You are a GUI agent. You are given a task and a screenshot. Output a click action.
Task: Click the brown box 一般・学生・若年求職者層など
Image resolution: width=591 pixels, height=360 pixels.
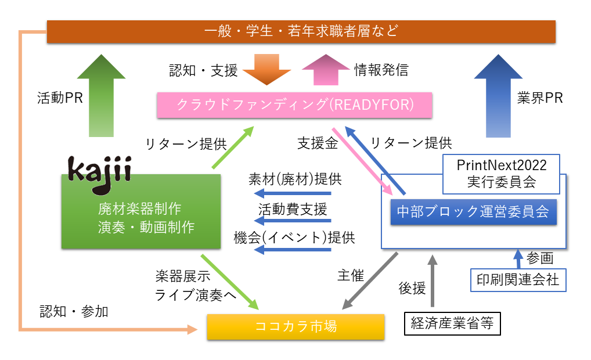(x=301, y=31)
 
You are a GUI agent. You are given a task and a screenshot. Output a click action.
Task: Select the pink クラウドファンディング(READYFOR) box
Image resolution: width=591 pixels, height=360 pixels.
(x=295, y=105)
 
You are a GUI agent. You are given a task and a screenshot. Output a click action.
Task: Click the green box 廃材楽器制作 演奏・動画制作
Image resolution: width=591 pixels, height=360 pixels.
(x=141, y=211)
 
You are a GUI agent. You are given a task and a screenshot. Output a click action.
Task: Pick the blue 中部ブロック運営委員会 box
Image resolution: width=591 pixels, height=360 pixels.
(x=473, y=211)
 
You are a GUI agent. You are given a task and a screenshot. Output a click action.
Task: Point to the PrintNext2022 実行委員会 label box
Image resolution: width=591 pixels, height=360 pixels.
(x=501, y=174)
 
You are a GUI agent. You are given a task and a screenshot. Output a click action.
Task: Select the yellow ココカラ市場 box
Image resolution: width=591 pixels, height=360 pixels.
(x=295, y=326)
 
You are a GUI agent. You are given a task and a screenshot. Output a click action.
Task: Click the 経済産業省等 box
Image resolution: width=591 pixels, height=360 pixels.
(x=452, y=323)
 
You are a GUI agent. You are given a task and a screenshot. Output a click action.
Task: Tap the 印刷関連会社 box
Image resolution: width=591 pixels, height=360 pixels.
(x=516, y=280)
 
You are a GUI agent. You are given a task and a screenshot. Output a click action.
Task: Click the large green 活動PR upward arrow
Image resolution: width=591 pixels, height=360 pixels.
(x=101, y=96)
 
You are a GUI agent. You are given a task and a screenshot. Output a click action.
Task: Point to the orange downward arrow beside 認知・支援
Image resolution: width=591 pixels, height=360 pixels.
(x=266, y=70)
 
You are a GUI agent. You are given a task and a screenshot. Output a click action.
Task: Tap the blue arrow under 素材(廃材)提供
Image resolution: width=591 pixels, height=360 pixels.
(x=293, y=193)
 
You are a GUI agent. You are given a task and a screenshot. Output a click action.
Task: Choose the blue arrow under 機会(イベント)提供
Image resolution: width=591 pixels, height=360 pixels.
(x=293, y=250)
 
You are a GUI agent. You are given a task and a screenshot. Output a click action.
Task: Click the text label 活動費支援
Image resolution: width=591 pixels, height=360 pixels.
(x=293, y=208)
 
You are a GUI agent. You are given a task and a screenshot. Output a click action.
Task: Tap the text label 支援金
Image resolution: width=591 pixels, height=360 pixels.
(x=318, y=143)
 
